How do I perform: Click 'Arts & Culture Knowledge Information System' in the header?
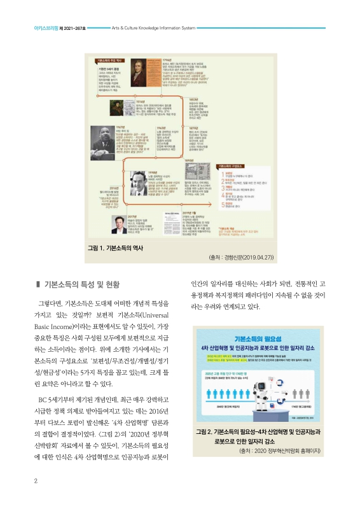(158, 29)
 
